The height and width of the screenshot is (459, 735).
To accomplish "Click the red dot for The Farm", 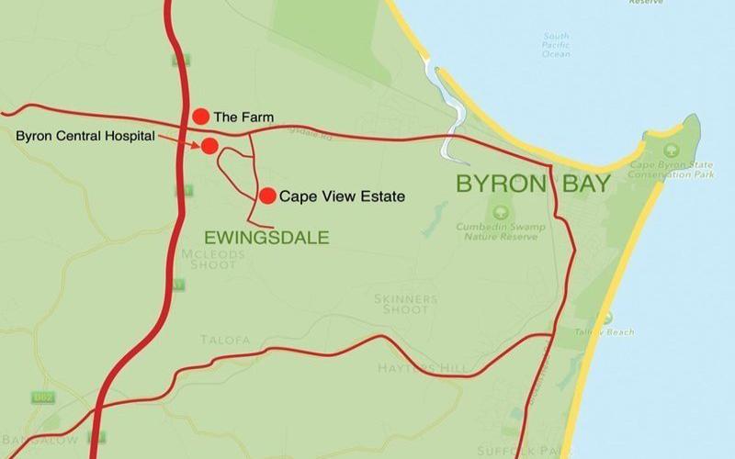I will coord(200,116).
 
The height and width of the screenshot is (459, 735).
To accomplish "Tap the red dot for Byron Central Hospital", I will coord(209,146).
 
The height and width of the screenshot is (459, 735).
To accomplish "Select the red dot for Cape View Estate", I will coord(267,196).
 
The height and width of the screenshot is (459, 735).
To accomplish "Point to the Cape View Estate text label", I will coord(342,196).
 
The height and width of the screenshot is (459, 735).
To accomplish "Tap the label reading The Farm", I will coord(243,117).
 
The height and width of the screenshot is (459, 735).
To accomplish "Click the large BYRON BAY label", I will coord(533,184).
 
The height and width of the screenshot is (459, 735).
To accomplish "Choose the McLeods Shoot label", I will coord(214,259).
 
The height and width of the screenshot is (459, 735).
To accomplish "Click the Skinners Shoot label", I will coord(405,304).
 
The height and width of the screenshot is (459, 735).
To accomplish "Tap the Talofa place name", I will coord(225,340).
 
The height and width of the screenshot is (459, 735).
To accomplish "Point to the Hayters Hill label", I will coord(423,368).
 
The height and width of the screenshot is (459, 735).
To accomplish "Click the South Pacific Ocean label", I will coord(556,45).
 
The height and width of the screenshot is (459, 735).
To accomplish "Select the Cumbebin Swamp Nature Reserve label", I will coord(501,229).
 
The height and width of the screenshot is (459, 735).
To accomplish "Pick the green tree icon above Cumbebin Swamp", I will coord(501,212).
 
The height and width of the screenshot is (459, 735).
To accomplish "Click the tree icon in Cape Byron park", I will coord(668,149).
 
